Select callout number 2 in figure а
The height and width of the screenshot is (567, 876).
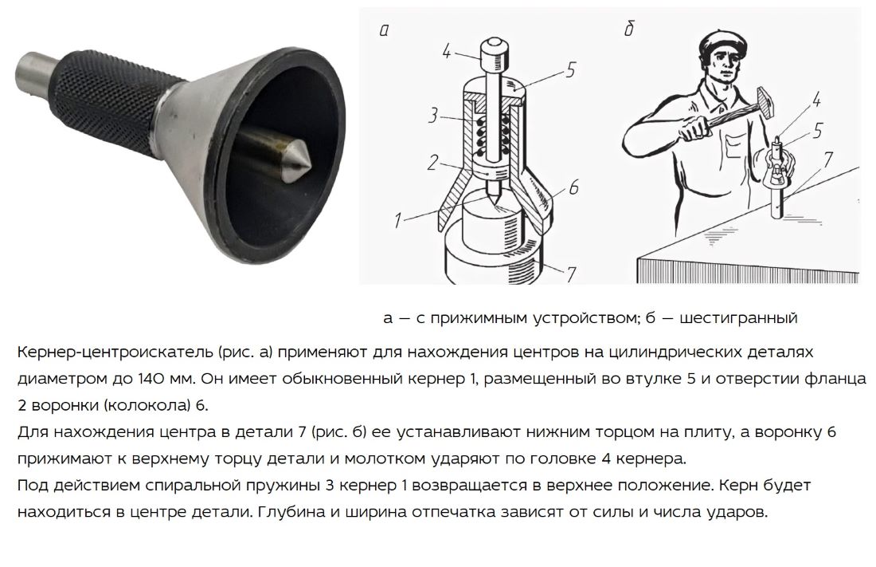(x=432, y=163)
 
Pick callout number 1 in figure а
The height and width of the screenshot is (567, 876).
(x=397, y=220)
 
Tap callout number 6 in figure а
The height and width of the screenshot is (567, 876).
(x=573, y=187)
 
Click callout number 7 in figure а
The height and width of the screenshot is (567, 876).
(x=570, y=274)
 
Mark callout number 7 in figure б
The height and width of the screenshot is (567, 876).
(x=828, y=159)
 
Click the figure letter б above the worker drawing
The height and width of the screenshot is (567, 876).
(x=629, y=29)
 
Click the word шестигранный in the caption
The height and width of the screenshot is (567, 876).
(x=738, y=318)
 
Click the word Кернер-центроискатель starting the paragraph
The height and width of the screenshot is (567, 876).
(x=115, y=352)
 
